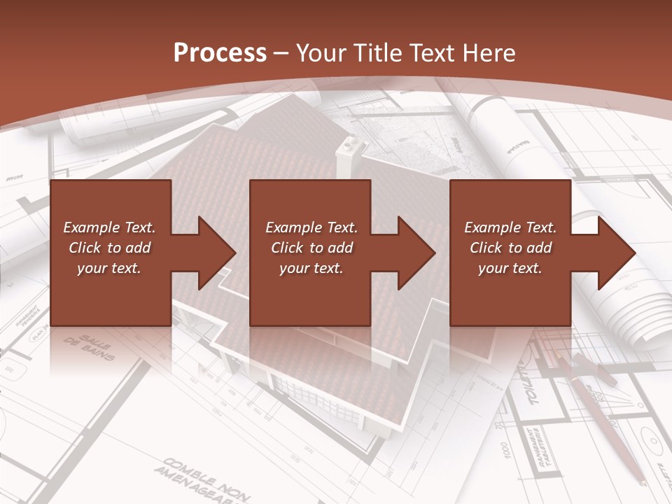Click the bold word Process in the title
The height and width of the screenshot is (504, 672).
pos(220,53)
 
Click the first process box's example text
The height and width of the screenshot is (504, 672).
pos(109,248)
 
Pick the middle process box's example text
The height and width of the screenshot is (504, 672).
pos(311,248)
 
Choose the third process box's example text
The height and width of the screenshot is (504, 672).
pos(510,248)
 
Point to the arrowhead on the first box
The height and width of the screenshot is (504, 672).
pos(214,253)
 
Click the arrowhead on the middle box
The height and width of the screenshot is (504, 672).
pos(414,253)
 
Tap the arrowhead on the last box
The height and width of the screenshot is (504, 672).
pos(615,253)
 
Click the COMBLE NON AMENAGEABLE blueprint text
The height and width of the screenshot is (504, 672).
pos(203,479)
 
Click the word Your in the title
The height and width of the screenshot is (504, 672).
pos(322,53)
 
